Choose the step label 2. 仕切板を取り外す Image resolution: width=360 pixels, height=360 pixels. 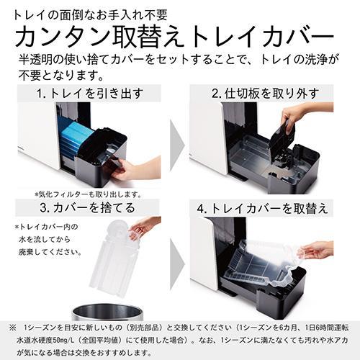(260, 93)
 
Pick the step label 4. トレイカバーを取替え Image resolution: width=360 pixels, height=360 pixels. (260, 208)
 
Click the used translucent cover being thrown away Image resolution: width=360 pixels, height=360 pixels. (112, 259)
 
